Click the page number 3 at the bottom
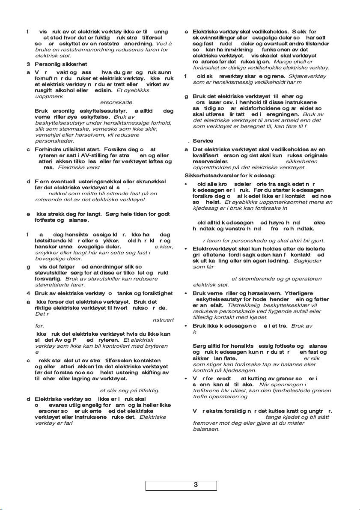pos(195,485)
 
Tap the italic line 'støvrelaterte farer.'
pos(60,284)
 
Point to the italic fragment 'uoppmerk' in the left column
pos(48,97)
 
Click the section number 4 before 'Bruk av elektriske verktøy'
pos(28,293)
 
